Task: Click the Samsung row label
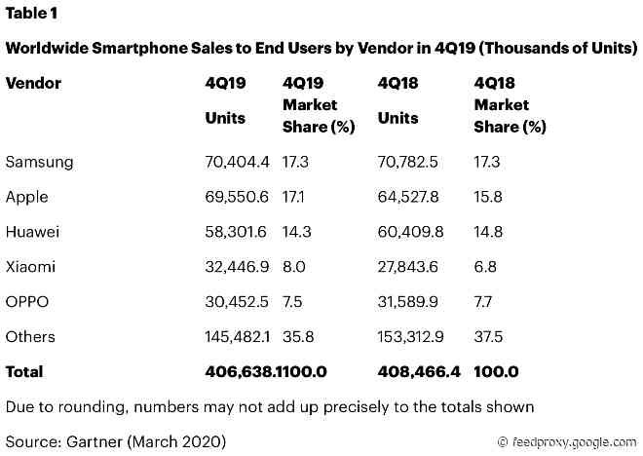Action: coord(39,162)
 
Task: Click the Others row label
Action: coord(30,337)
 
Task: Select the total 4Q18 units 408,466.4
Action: coord(418,372)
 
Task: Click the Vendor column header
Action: coord(33,84)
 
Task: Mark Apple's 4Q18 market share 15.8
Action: coord(487,197)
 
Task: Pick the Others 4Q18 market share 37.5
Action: coord(488,337)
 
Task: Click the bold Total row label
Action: coord(25,372)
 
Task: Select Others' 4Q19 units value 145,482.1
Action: coord(238,337)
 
